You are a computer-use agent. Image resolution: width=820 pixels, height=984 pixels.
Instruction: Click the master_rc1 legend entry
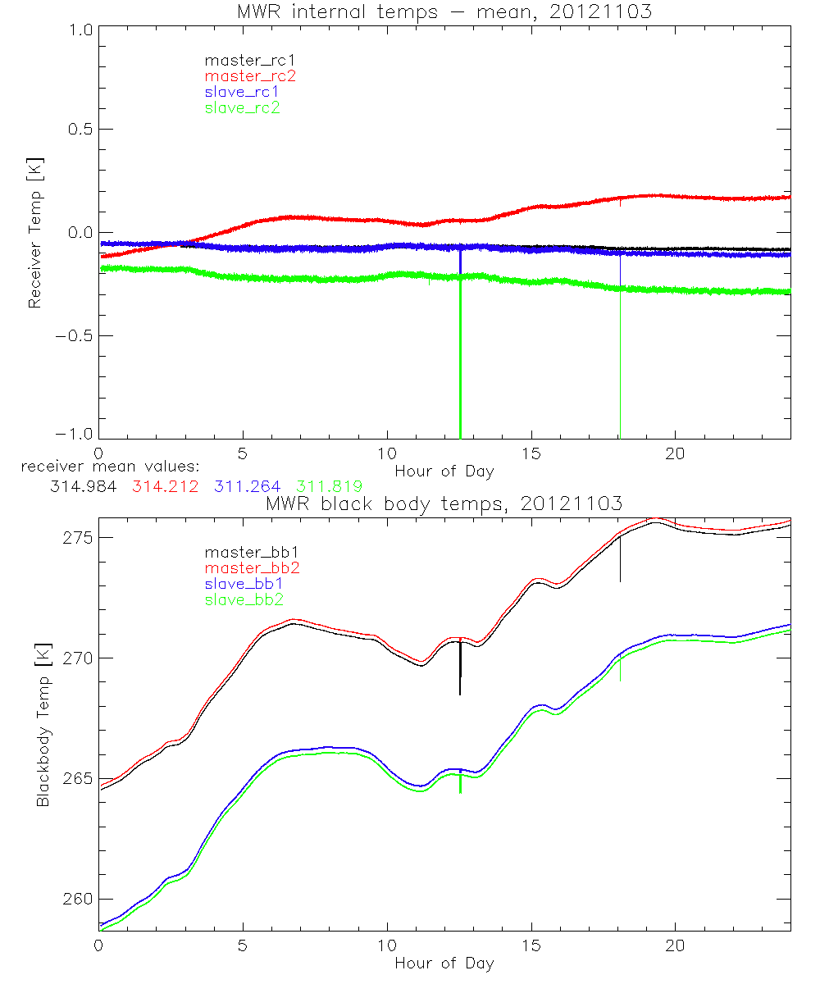pos(242,60)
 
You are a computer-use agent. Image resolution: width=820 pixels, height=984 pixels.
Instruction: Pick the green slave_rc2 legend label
pos(242,107)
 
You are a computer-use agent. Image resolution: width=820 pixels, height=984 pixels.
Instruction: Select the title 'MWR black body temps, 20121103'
pos(444,503)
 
